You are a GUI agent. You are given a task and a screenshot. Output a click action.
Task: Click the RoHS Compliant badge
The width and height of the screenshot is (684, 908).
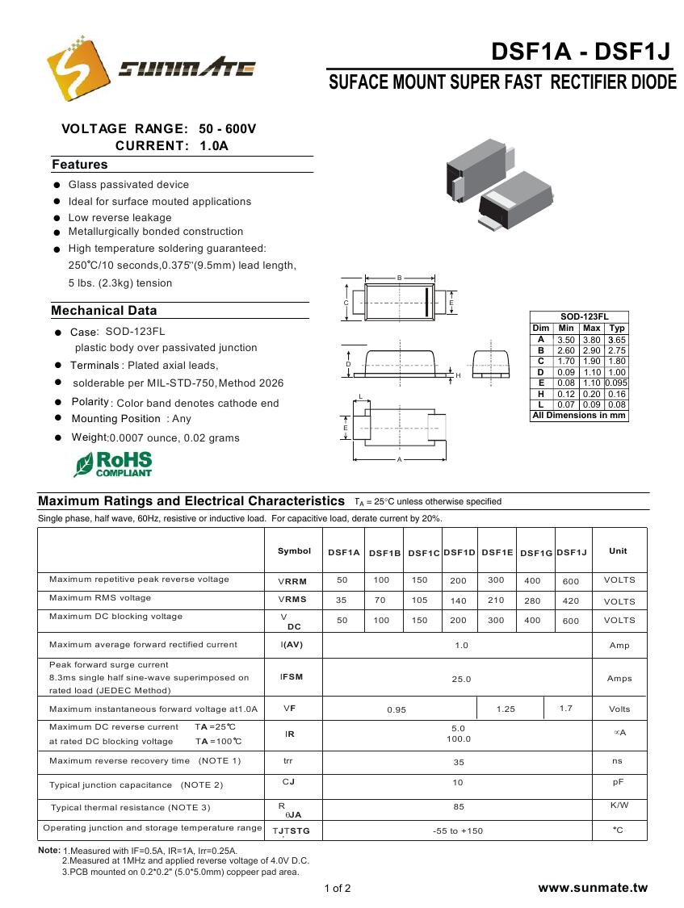tap(114, 463)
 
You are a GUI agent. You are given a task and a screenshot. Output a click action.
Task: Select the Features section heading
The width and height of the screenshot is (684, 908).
tap(80, 165)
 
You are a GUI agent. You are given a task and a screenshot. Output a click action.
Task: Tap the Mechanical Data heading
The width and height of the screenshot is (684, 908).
tap(104, 311)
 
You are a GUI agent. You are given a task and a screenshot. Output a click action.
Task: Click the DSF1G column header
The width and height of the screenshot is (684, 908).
tap(536, 553)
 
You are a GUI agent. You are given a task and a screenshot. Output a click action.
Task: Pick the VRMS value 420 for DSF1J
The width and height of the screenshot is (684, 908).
tap(571, 600)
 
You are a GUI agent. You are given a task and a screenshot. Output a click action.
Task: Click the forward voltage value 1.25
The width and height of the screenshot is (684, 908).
tap(506, 709)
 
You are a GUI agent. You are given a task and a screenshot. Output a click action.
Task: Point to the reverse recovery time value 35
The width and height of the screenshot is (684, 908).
tap(459, 761)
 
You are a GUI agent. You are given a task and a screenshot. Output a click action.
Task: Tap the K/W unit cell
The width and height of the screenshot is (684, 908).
tap(619, 805)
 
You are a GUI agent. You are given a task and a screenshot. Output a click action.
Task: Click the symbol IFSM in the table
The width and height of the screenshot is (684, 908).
tap(292, 676)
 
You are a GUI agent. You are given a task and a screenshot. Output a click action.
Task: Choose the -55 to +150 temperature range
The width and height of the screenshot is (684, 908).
tap(458, 831)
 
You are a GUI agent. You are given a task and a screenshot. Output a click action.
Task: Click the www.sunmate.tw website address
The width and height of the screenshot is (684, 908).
tap(593, 888)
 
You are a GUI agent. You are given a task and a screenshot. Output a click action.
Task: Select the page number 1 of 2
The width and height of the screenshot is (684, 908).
tap(338, 889)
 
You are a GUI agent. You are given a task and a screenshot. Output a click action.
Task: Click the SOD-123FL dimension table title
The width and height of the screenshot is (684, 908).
tap(579, 317)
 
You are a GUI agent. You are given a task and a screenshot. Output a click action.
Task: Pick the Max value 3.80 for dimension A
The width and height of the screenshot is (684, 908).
tap(592, 340)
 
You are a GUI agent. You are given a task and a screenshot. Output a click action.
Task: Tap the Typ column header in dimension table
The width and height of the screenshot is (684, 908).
tap(617, 328)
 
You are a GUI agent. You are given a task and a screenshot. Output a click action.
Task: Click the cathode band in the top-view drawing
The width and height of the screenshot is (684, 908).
tap(426, 302)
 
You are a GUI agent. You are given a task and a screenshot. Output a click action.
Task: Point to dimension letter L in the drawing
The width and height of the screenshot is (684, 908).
tap(360, 396)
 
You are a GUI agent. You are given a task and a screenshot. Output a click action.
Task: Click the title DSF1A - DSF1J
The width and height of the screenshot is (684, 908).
tap(581, 52)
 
